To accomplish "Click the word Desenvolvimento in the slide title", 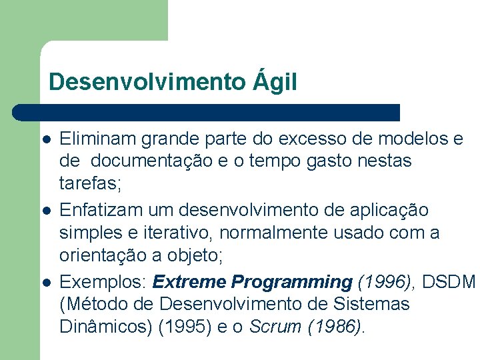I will (147, 82).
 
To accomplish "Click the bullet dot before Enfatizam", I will (46, 211).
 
